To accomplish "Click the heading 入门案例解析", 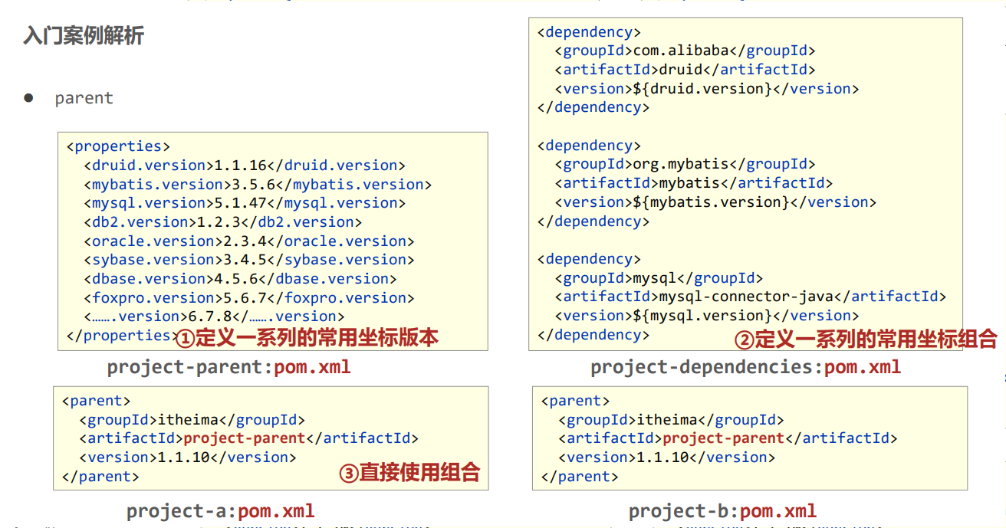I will point(84,35).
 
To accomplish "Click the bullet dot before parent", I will point(29,97).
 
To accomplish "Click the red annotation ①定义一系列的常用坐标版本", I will point(307,337).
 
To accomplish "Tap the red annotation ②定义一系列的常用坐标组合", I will point(866,338).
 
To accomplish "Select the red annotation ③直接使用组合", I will point(409,473).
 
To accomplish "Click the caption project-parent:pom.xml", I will point(228,367).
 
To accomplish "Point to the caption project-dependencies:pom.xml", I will point(745,367).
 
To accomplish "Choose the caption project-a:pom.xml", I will point(220,511).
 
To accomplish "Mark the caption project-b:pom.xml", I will point(722,511).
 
